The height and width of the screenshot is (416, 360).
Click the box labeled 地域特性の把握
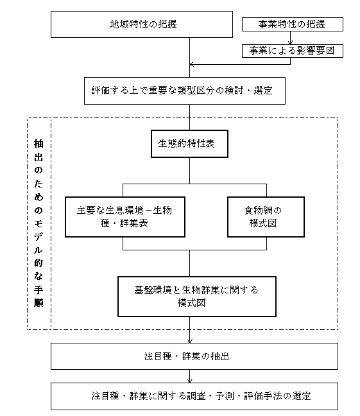pos(142,24)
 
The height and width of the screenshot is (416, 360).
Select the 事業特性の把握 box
pos(293,24)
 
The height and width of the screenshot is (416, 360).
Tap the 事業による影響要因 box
pos(293,51)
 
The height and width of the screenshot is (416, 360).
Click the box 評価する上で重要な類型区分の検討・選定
pos(185,91)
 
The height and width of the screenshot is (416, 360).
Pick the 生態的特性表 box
pos(189,144)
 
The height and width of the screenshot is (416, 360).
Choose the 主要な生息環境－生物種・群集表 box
pos(125,217)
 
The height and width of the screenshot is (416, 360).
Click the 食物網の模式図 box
pos(266,217)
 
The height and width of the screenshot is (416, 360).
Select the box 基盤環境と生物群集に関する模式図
pos(197,297)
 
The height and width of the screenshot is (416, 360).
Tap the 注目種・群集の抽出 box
pos(194,356)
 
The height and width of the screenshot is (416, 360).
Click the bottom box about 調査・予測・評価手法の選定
pos(194,396)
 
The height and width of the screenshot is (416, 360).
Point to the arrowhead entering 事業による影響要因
pos(290,42)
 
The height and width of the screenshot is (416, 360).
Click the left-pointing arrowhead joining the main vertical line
pos(192,64)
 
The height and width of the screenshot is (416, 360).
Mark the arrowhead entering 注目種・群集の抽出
pos(190,341)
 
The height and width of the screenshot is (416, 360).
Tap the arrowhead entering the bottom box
pos(190,381)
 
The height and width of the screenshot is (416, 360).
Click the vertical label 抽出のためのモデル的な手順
pos(39,223)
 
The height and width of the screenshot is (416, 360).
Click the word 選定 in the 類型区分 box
pos(263,91)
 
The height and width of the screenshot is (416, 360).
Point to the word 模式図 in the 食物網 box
pos(263,223)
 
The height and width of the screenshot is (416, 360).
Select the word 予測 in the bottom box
pos(225,396)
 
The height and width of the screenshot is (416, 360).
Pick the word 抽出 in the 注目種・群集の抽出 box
pos(220,356)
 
